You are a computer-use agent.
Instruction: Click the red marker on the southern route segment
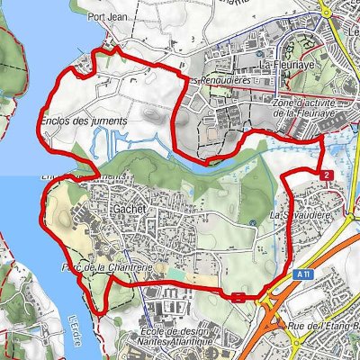238,296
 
